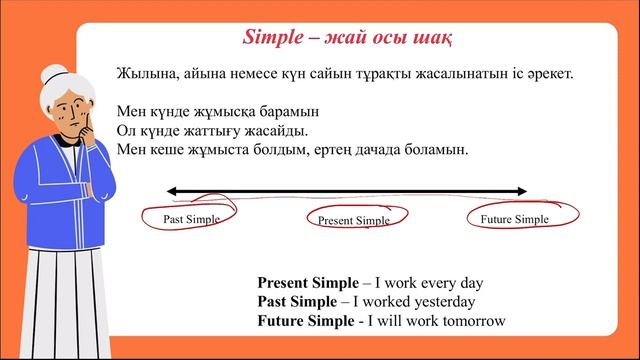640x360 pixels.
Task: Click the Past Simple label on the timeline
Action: [191, 218]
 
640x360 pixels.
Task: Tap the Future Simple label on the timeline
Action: [514, 218]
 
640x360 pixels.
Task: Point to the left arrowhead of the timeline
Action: [172, 190]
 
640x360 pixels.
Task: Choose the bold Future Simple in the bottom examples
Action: [305, 321]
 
